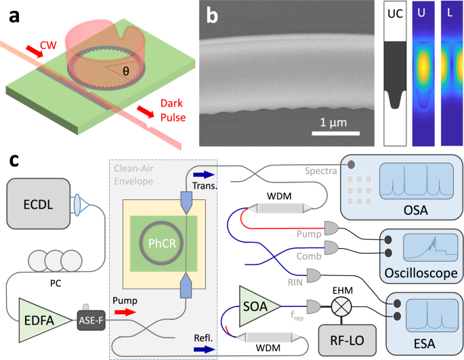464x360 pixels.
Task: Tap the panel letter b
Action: [212, 16]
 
